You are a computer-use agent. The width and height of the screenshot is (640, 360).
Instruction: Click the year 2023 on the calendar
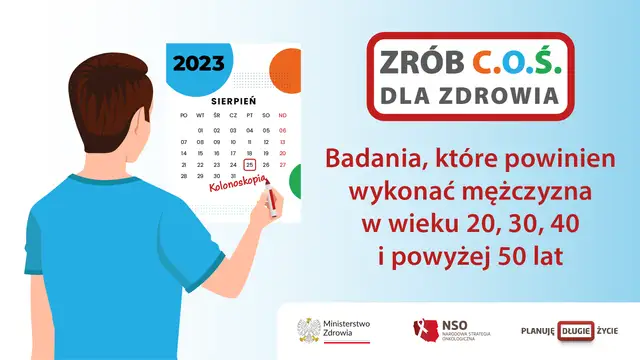click(200, 64)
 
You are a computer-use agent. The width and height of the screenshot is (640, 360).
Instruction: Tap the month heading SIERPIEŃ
click(233, 101)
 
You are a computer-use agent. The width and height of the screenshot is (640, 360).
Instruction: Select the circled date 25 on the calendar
click(250, 164)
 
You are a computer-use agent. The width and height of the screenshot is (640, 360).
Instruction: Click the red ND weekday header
click(283, 115)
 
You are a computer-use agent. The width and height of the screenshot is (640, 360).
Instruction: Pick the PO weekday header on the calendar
click(184, 115)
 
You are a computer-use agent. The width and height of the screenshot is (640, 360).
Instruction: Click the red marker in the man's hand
click(270, 204)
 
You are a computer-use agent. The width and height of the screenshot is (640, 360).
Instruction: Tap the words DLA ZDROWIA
click(469, 96)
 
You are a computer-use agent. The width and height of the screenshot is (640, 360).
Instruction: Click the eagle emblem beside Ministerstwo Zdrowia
click(308, 330)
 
